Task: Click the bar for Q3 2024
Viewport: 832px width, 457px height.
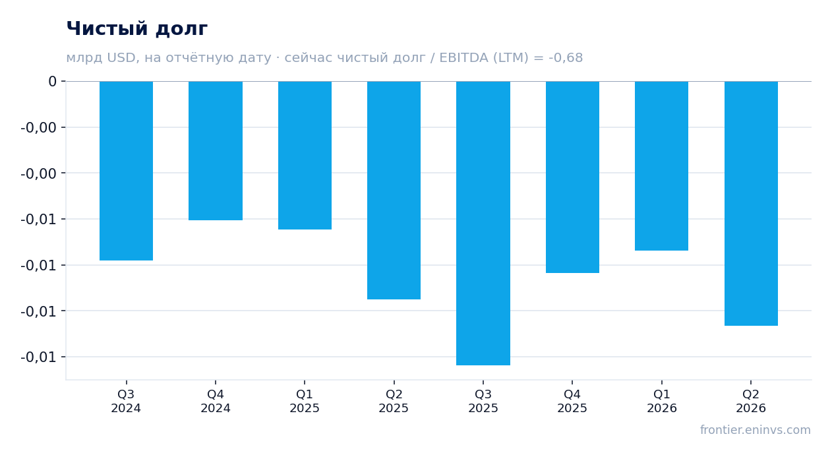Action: [x=127, y=171]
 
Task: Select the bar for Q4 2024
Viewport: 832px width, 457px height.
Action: [x=216, y=151]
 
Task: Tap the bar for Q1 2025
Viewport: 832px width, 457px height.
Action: [x=305, y=156]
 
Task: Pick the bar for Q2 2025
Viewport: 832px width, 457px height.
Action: [x=394, y=190]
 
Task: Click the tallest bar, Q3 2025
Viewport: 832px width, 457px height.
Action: [x=483, y=224]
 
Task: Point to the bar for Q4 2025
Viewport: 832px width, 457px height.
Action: [x=572, y=177]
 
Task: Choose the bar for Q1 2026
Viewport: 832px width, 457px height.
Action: [x=661, y=166]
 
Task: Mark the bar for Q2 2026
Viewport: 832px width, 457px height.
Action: [x=751, y=204]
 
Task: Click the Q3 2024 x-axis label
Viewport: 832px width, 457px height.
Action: [x=126, y=401]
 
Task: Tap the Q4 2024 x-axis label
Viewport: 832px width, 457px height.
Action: [x=216, y=401]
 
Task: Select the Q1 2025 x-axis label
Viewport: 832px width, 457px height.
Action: [x=305, y=401]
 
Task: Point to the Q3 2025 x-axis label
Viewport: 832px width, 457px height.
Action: [x=483, y=401]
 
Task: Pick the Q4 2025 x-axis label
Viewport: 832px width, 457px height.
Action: [x=572, y=401]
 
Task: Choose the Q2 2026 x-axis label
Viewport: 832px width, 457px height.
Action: [x=751, y=401]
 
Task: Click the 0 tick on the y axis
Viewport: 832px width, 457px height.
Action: [x=52, y=81]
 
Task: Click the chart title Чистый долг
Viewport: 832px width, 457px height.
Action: [x=136, y=28]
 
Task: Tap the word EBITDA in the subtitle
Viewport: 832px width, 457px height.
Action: [x=463, y=58]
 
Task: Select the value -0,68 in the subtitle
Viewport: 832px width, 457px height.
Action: [x=566, y=58]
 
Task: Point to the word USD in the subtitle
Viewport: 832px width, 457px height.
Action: [x=121, y=58]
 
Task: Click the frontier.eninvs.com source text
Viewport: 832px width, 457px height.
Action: [x=755, y=430]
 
